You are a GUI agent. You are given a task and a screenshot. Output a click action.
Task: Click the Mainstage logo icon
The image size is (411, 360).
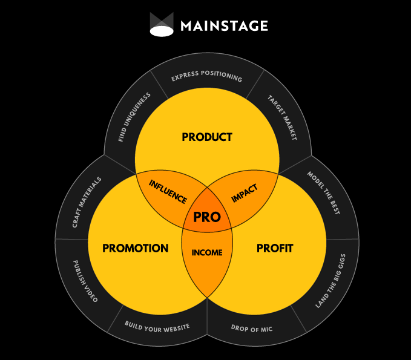[162, 24]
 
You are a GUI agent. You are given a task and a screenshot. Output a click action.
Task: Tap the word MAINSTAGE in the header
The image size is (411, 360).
[224, 26]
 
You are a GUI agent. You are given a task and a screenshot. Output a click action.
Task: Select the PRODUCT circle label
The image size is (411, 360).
[207, 137]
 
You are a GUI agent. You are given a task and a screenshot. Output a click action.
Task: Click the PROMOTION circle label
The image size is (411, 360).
[136, 248]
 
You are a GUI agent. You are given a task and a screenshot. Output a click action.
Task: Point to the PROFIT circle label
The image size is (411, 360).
[274, 248]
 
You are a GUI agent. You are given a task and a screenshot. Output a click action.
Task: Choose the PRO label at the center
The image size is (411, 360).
[207, 217]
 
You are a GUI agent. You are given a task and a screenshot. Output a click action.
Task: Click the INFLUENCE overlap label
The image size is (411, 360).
[168, 192]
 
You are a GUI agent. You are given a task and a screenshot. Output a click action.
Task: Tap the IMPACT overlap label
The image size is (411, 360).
[245, 193]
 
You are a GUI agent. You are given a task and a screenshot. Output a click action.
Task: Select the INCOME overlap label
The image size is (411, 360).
[207, 252]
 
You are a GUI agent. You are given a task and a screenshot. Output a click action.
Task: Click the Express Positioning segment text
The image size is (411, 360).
[206, 78]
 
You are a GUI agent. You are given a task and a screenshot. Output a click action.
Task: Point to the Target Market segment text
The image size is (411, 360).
[282, 117]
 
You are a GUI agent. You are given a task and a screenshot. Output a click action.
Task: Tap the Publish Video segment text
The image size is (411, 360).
[85, 281]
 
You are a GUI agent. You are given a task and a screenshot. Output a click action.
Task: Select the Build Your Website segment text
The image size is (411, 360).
[157, 326]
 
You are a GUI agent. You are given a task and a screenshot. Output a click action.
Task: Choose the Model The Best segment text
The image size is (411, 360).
[323, 193]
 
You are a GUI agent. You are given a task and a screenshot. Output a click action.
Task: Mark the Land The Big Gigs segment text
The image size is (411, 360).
[330, 281]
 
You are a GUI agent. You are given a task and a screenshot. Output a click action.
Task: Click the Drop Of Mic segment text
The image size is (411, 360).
[252, 328]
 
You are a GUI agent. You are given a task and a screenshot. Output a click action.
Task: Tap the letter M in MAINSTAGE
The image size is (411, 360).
[186, 26]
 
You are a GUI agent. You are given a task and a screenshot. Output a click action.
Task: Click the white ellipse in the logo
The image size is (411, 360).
[162, 31]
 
